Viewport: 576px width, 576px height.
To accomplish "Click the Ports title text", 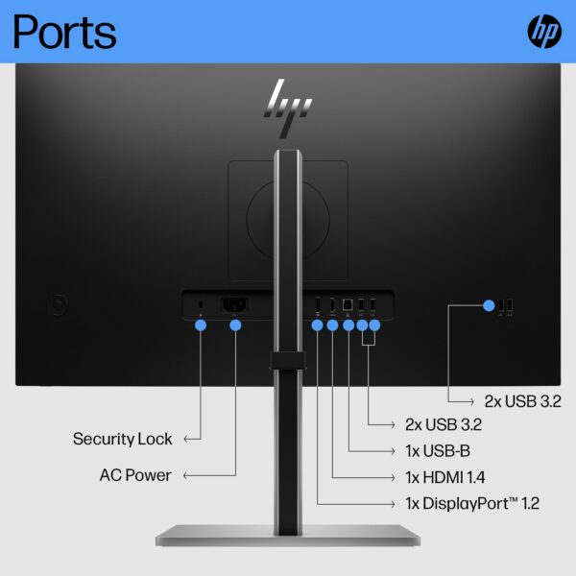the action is click(x=64, y=32).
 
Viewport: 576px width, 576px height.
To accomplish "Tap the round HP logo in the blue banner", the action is click(x=544, y=32).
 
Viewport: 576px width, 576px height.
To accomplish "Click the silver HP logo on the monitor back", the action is click(x=288, y=108).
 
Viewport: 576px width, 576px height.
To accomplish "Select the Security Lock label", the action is click(x=122, y=439).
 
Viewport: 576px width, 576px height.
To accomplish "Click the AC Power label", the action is click(x=135, y=475).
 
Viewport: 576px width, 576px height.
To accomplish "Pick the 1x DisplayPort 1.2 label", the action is click(x=472, y=503).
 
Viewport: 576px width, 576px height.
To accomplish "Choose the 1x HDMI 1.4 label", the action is click(x=445, y=477).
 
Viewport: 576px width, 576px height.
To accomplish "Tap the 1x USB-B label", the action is click(x=438, y=451).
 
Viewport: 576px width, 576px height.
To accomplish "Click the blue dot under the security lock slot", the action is click(x=201, y=325).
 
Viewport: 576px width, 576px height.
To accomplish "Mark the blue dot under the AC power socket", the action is click(x=235, y=325).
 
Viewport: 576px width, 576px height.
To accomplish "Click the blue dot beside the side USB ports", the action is click(x=489, y=305).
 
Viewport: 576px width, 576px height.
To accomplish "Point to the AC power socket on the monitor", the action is click(x=234, y=304).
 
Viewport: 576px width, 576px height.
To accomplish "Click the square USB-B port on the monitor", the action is click(x=348, y=304).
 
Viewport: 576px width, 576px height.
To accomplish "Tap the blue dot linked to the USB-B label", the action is click(x=348, y=325).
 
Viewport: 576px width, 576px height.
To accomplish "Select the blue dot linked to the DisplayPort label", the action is click(x=317, y=325).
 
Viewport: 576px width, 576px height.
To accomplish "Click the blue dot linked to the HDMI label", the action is click(x=332, y=325).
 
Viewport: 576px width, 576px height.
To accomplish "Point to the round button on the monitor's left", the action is click(x=58, y=304).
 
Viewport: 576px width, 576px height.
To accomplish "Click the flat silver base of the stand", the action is click(x=288, y=536).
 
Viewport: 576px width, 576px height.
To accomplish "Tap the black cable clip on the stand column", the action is click(x=288, y=360).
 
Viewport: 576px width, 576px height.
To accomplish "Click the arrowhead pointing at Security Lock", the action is click(x=186, y=439).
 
